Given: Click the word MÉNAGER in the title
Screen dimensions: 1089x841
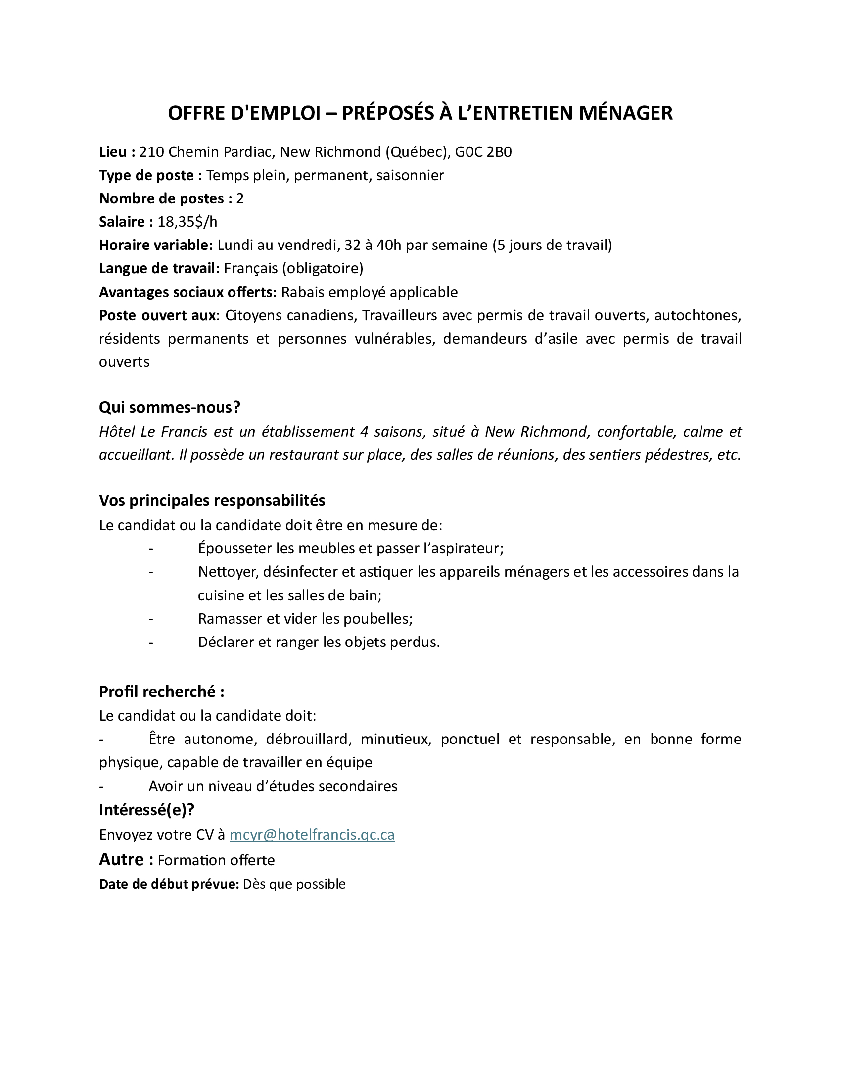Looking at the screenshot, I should [x=625, y=113].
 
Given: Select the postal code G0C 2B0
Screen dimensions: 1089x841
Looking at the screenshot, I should [x=483, y=152].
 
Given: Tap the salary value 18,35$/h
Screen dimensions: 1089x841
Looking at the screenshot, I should [x=187, y=222].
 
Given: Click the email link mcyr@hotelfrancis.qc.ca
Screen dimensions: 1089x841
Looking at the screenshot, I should [x=312, y=835].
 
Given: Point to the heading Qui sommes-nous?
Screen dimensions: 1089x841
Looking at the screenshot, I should [x=169, y=407].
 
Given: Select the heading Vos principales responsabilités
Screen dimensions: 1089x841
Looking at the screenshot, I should [x=212, y=500].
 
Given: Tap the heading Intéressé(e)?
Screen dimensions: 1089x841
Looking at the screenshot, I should [x=146, y=810].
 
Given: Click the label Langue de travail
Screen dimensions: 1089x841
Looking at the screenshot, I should [x=159, y=268].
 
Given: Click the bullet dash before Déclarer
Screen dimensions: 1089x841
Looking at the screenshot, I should [x=150, y=642].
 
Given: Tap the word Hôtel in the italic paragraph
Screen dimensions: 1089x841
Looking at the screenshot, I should [x=117, y=431].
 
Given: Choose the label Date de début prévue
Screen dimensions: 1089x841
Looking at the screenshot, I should [x=169, y=884].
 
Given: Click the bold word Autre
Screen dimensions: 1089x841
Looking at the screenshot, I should [x=121, y=859].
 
